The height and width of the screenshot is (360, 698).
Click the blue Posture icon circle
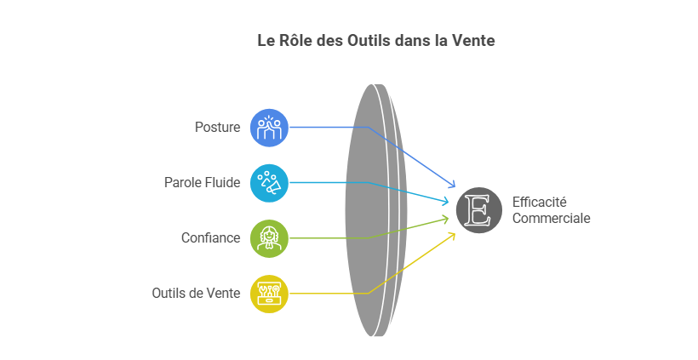pyautogui.click(x=269, y=128)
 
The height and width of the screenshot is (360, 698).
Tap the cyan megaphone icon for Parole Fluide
pyautogui.click(x=269, y=183)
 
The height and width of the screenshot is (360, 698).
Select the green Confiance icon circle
pyautogui.click(x=269, y=238)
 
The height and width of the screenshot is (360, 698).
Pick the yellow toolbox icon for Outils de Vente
pyautogui.click(x=269, y=294)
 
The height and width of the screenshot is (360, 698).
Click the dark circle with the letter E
pyautogui.click(x=479, y=210)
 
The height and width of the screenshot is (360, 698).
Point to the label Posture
pyautogui.click(x=217, y=128)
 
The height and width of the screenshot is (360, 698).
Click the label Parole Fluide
pyautogui.click(x=202, y=182)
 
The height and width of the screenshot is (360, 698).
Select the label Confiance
pyautogui.click(x=210, y=237)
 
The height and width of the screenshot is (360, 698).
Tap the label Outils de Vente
pyautogui.click(x=196, y=294)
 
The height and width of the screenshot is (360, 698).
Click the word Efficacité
pyautogui.click(x=539, y=202)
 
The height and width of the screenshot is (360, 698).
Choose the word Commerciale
pyautogui.click(x=551, y=218)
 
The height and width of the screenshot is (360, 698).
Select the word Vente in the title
pyautogui.click(x=473, y=41)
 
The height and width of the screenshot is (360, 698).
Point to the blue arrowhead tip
pyautogui.click(x=455, y=187)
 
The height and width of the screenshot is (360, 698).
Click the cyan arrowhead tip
pyautogui.click(x=449, y=203)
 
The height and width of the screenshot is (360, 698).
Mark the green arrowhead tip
pyautogui.click(x=449, y=217)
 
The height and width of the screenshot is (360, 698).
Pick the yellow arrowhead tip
pyautogui.click(x=455, y=233)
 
